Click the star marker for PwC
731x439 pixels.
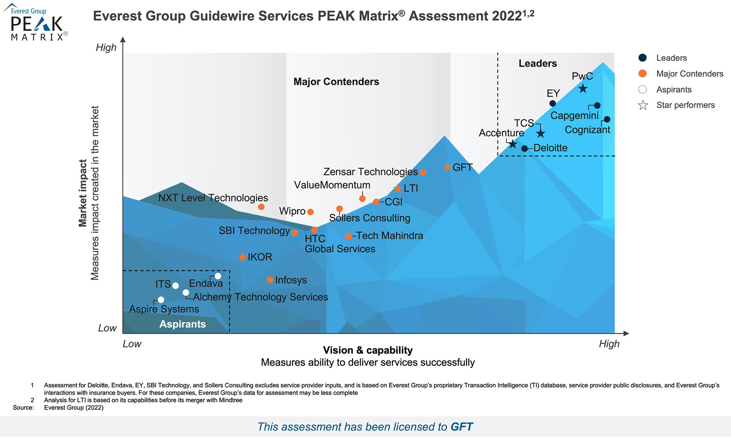point(583,88)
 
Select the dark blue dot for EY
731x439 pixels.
point(553,104)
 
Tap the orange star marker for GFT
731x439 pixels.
point(447,167)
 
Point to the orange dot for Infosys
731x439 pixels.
point(270,280)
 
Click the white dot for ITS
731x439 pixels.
point(175,286)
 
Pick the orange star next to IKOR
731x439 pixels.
point(242,257)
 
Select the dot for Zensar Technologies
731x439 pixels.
point(423,172)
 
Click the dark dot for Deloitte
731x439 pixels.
point(525,148)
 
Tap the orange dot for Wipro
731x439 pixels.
point(310,212)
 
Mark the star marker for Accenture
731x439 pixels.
point(513,144)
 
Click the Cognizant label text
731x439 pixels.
point(587,130)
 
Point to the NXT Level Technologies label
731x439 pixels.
point(213,198)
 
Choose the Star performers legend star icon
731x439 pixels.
point(643,105)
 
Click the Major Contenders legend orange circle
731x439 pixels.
point(642,74)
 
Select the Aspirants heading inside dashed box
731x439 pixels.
point(182,324)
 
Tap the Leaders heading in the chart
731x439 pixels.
point(538,63)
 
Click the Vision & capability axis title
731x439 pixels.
point(368,350)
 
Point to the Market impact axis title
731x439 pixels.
point(83,193)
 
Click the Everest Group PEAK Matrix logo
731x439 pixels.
point(37,24)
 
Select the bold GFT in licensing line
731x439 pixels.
point(462,427)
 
